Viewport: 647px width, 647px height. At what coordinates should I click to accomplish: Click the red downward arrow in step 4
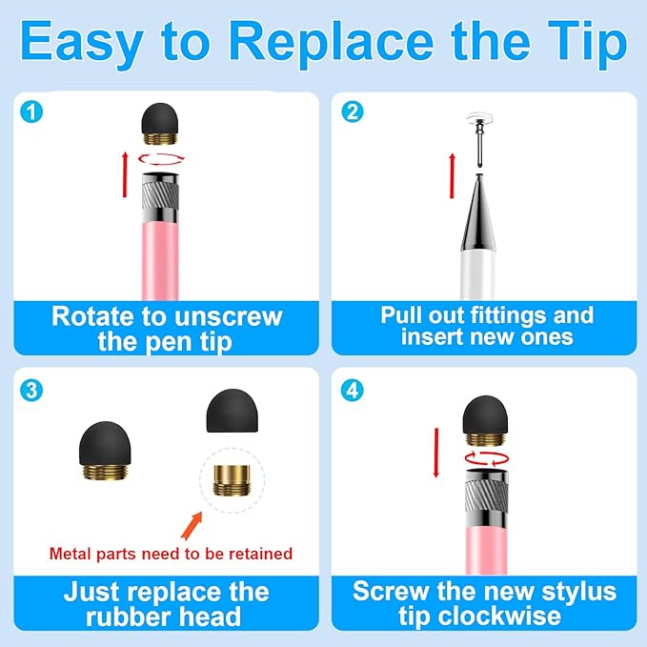(x=435, y=452)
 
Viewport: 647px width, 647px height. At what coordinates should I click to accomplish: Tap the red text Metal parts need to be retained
(x=170, y=553)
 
